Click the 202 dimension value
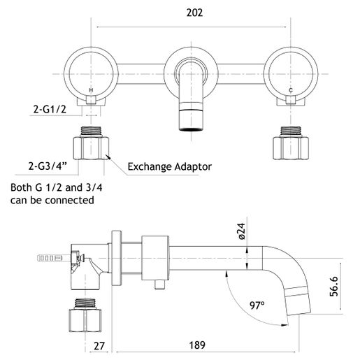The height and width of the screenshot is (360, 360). point(194,13)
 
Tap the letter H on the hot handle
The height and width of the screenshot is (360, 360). point(91,90)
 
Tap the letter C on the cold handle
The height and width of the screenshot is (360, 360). point(291,90)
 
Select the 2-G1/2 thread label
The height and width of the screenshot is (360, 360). point(50,109)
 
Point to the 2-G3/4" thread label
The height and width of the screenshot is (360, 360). point(48,166)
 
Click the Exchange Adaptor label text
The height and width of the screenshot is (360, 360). point(170,167)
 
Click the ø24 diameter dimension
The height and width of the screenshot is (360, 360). point(242,231)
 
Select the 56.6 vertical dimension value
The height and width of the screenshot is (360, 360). point(333,287)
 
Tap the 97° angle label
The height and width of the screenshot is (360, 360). point(257,305)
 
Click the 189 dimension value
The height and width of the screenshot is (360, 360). point(197,345)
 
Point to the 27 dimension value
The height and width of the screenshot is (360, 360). point(99,346)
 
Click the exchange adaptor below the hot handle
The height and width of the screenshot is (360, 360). point(91,143)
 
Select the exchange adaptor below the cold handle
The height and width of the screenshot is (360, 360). point(291,143)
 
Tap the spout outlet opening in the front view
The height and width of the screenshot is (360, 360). point(192,129)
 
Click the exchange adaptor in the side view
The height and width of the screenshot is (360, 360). point(85,315)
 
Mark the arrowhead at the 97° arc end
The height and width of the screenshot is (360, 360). point(285,325)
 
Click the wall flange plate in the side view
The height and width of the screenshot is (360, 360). point(117,258)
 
